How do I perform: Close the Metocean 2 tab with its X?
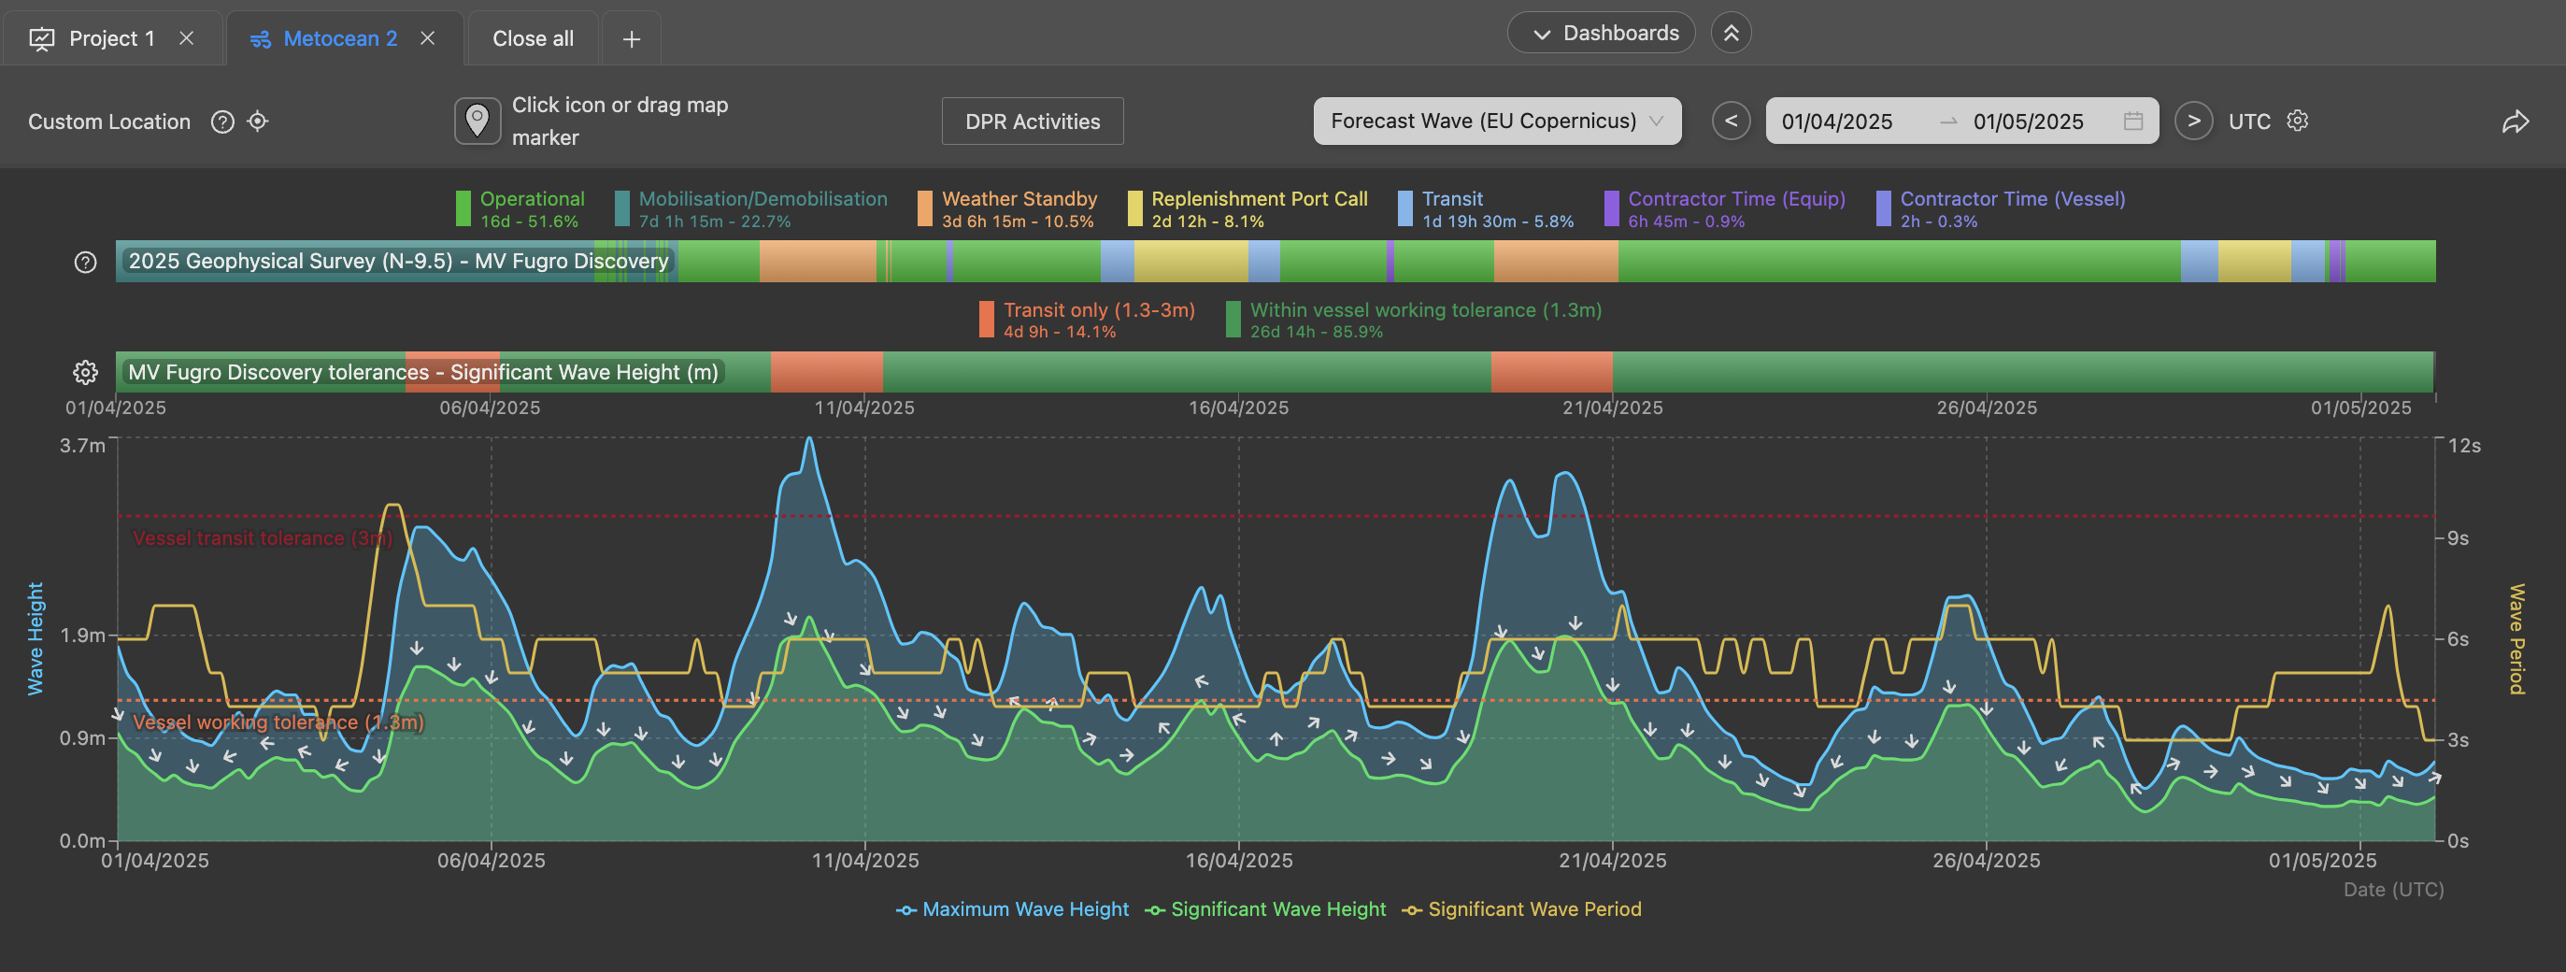[427, 37]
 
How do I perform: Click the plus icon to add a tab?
[632, 39]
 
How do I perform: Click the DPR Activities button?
[1033, 121]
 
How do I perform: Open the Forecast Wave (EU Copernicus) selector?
[1497, 121]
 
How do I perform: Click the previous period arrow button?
[1732, 121]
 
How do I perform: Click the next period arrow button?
[2193, 121]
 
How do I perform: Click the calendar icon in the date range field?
[2132, 121]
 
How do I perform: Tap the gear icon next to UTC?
[2297, 121]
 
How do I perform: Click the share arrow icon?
[2516, 121]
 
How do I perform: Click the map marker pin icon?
[478, 121]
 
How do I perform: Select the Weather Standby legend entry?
[1006, 209]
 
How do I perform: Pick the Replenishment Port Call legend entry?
[1247, 209]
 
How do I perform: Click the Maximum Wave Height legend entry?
[1012, 909]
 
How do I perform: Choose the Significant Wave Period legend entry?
[1521, 909]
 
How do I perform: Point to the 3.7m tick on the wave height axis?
[81, 445]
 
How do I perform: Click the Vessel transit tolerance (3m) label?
[263, 538]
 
